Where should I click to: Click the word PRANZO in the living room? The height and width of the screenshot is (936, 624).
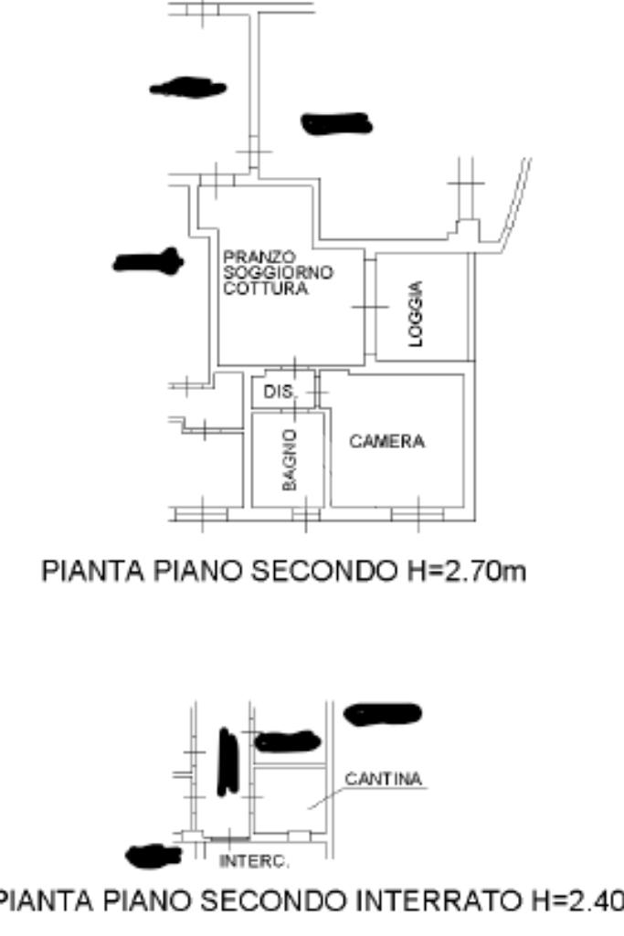(x=246, y=259)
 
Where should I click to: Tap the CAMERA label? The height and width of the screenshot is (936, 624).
(x=387, y=442)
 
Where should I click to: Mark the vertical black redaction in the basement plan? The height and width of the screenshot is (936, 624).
(x=227, y=761)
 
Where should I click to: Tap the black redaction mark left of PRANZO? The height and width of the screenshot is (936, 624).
(x=148, y=263)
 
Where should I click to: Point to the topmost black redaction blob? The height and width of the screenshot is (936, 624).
(x=187, y=88)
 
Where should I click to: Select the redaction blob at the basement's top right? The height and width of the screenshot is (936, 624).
(x=382, y=712)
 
